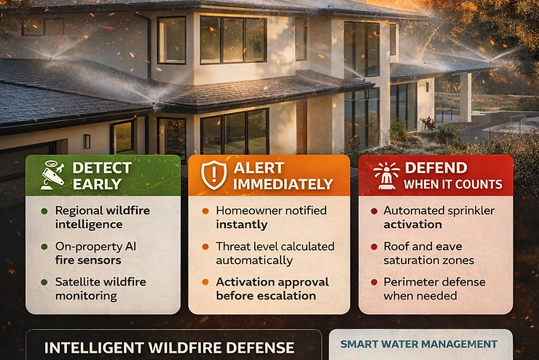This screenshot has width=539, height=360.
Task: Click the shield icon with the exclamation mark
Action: pos(213,176)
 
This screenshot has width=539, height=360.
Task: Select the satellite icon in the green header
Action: pos(51,176)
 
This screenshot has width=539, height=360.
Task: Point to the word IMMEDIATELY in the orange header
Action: pos(283,184)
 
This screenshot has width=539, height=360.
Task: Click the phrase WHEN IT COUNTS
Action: pos(453,184)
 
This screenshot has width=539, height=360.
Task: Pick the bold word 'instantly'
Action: pos(241,224)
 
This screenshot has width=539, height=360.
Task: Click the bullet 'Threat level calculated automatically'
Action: pos(275,253)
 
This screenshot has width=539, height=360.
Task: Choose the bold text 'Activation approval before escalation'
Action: pos(272,289)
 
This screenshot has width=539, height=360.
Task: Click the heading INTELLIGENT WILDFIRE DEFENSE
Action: pos(169,348)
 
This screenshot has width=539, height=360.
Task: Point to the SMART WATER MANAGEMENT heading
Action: pos(419,344)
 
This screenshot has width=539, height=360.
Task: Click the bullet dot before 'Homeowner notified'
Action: pos(205,211)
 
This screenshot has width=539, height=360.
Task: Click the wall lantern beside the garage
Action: pos(87,141)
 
